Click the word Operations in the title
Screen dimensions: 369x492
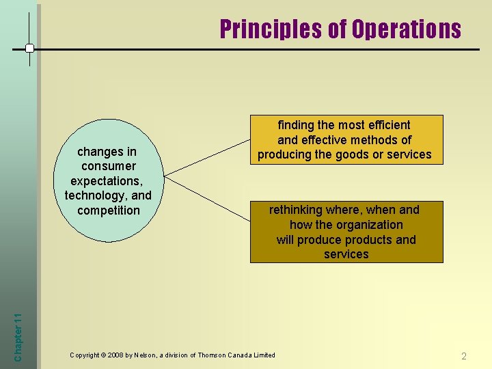pos(406,29)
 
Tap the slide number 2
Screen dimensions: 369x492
pos(464,356)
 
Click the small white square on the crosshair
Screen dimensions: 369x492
pos(29,49)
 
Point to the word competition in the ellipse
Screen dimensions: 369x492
pos(108,210)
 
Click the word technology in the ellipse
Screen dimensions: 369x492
pos(92,195)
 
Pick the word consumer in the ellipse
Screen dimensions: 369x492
pos(108,166)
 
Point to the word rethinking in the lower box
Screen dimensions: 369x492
pos(297,210)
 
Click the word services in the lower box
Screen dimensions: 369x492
pos(346,254)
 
